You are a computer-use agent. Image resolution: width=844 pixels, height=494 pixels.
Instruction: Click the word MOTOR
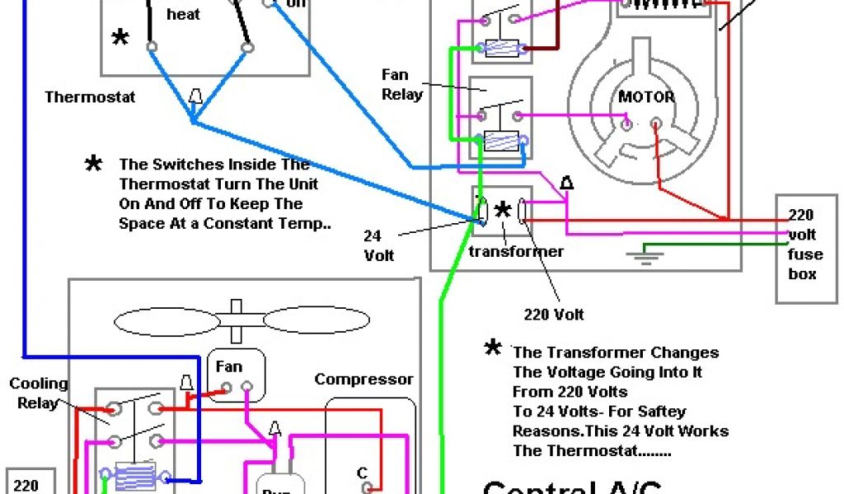point(646,97)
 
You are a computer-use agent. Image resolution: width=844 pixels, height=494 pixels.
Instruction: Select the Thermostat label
point(90,97)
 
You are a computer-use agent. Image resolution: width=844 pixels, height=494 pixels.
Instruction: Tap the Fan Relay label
point(402,85)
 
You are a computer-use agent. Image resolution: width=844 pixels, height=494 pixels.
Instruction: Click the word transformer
point(516,251)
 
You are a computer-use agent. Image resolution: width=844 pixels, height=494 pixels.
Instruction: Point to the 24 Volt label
point(379,245)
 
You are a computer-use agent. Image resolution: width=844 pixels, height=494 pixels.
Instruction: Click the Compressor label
point(363,380)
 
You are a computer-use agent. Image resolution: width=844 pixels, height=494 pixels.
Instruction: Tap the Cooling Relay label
point(39,394)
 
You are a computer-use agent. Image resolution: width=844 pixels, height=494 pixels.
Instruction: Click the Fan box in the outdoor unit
point(237,375)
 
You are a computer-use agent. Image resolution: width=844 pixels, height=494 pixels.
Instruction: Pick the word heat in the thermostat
point(183,14)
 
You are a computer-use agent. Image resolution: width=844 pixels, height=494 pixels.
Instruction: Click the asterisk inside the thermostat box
point(121,38)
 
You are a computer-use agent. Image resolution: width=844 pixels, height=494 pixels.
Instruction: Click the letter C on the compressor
point(362,473)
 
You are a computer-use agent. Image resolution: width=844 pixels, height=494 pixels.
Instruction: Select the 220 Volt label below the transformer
point(554,315)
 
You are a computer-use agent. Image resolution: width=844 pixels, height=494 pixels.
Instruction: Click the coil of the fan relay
point(501,141)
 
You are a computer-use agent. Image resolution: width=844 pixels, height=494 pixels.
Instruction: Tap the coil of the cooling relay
point(135,476)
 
